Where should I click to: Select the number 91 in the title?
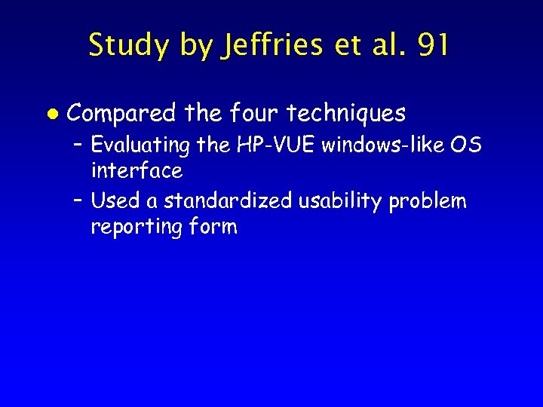tap(432, 45)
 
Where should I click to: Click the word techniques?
tap(346, 114)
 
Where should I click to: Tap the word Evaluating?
tap(140, 144)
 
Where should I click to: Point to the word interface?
tap(137, 170)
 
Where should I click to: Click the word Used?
tap(110, 201)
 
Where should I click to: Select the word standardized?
tap(228, 201)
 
